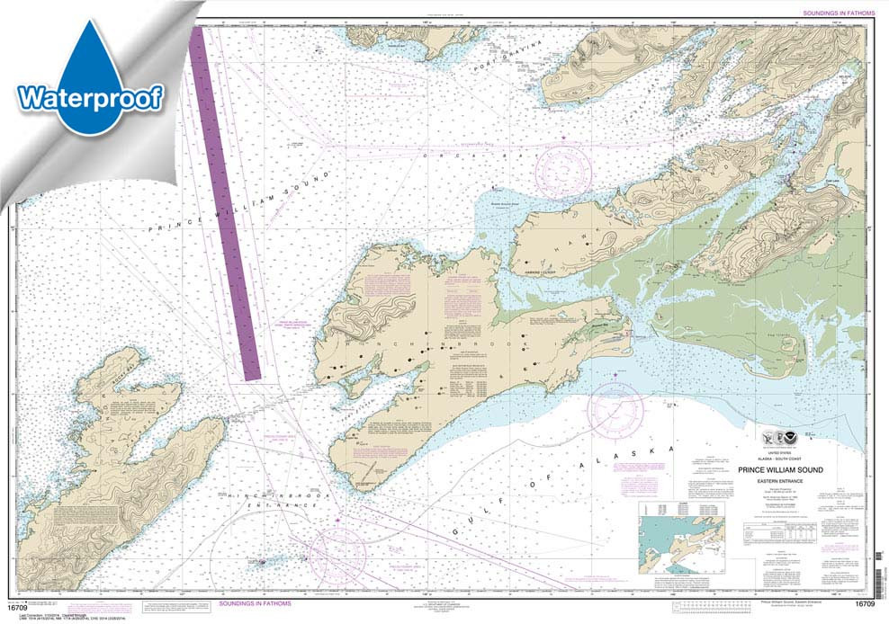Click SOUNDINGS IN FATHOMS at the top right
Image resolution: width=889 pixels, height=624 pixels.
832,12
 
